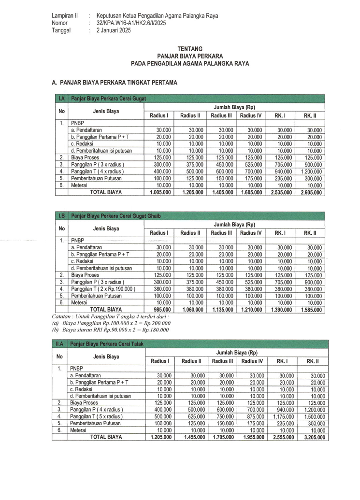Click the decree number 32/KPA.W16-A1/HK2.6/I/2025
[131, 23]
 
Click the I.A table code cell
[61, 99]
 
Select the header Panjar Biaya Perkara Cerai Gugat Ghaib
[116, 215]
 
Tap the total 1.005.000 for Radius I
[159, 192]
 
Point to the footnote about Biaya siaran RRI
[110, 330]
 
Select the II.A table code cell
[61, 343]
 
